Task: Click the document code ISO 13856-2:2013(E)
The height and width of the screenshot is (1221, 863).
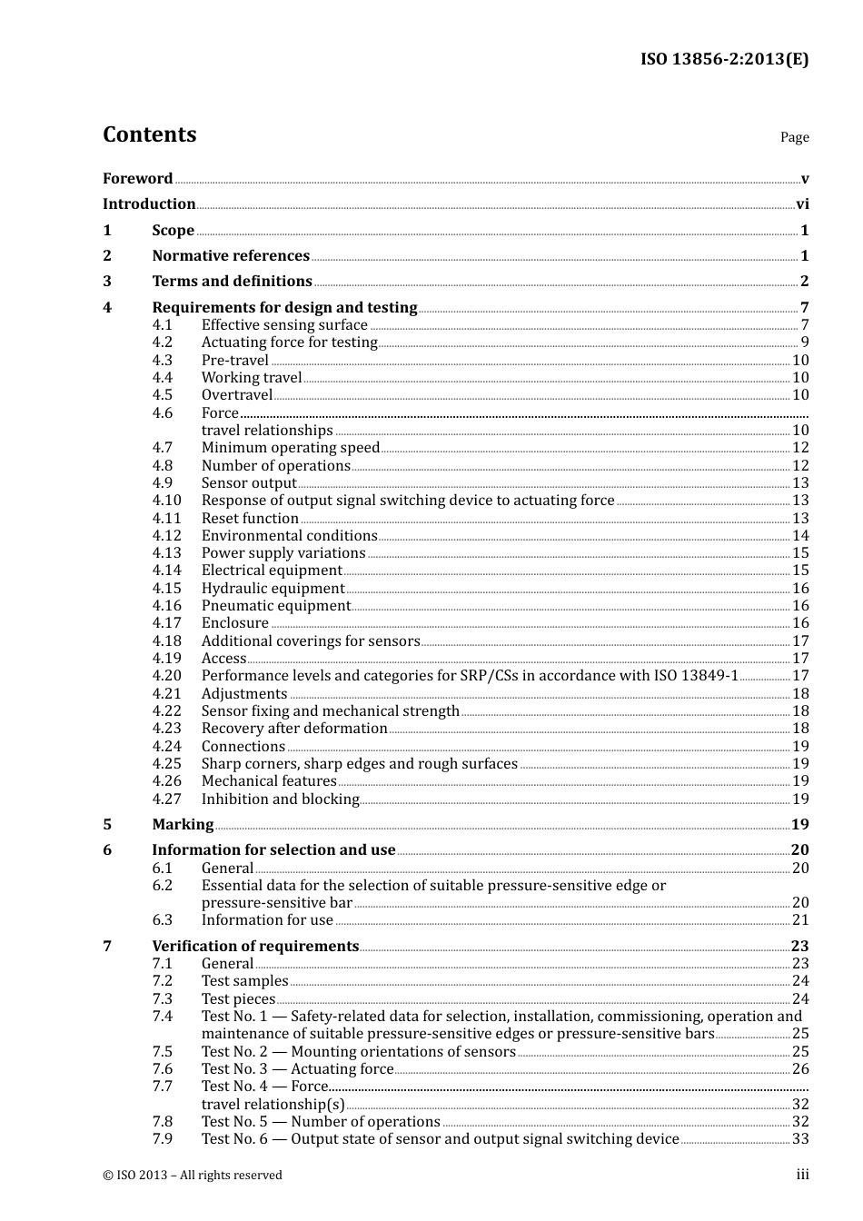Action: (x=724, y=59)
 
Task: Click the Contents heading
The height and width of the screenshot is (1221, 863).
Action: (x=149, y=134)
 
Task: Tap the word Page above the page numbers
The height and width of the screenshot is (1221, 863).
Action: (x=794, y=137)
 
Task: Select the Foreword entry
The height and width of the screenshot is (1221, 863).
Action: (x=137, y=179)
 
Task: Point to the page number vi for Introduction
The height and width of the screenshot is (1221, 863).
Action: (x=802, y=204)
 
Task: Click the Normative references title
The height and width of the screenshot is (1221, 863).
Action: (x=231, y=256)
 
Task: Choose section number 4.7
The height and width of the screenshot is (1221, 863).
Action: (x=163, y=448)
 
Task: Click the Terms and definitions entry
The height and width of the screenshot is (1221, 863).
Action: (x=232, y=282)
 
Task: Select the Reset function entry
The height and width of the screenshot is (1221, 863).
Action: (x=250, y=519)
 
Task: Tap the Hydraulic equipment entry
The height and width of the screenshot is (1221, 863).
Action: (x=273, y=589)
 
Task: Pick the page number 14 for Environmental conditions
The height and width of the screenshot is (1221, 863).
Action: (x=800, y=536)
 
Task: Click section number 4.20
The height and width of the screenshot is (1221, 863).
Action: (x=166, y=676)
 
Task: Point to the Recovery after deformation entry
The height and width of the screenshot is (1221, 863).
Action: (x=294, y=729)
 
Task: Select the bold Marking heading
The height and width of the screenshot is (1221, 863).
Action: (x=183, y=825)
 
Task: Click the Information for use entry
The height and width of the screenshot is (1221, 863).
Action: (x=267, y=920)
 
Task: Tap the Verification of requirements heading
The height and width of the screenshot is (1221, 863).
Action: (x=255, y=947)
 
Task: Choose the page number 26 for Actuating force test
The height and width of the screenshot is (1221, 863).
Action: (x=800, y=1069)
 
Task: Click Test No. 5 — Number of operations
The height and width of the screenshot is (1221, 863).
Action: (x=321, y=1122)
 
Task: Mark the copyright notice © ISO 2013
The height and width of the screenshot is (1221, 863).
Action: (x=193, y=1175)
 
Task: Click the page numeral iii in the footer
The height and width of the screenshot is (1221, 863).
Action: (x=802, y=1175)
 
